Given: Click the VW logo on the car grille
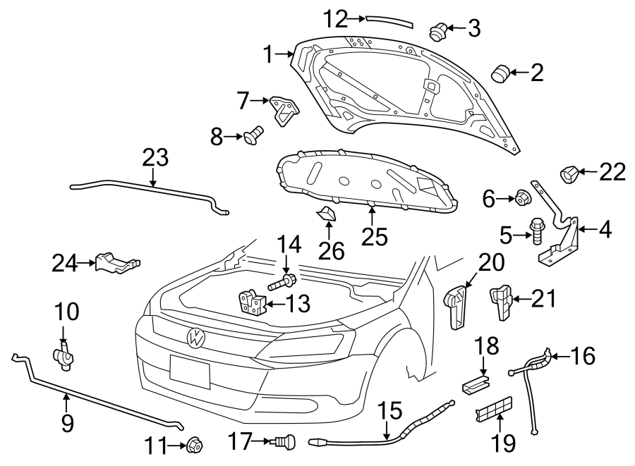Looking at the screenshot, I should [196, 338].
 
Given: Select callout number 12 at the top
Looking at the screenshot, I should [336, 17].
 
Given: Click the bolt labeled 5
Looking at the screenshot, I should [536, 229].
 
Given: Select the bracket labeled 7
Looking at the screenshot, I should [284, 110].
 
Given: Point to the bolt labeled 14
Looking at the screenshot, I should [282, 283].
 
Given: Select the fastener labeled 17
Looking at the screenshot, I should [284, 442].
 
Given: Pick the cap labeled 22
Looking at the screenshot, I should [571, 172].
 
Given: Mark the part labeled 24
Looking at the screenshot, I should [117, 263].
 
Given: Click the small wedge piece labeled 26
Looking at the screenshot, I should [328, 215].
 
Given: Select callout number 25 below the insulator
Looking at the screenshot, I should [375, 236].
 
